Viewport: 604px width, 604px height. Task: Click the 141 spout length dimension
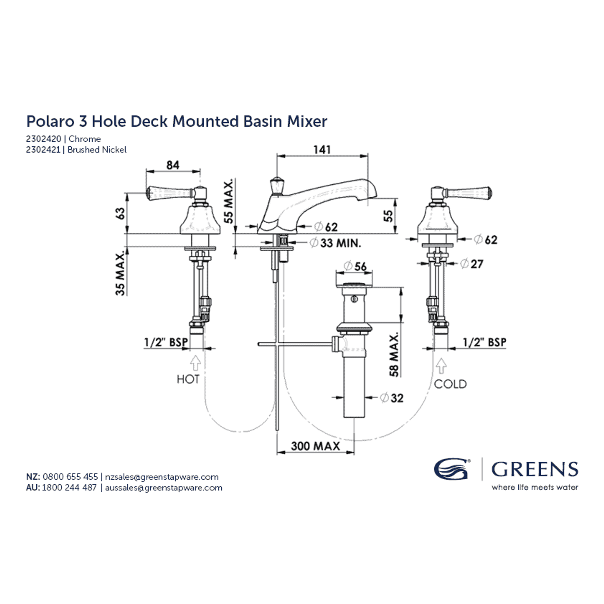click(x=322, y=149)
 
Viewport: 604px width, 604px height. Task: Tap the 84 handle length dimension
click(x=173, y=165)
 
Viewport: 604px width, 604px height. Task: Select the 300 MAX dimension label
click(x=315, y=446)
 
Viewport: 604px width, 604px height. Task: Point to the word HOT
click(x=188, y=379)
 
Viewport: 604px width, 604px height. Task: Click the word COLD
click(x=450, y=384)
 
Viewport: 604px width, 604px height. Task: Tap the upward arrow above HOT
click(x=195, y=363)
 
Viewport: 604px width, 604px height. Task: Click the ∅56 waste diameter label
click(x=355, y=266)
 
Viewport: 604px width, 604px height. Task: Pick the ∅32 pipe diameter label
click(x=392, y=398)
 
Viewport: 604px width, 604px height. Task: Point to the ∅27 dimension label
click(x=472, y=264)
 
